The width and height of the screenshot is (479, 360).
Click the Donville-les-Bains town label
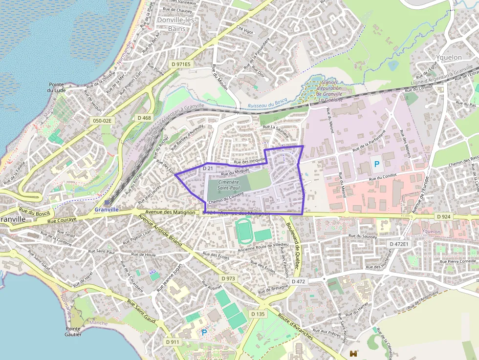[x=176, y=24]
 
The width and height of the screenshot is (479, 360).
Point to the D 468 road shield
[x=144, y=118]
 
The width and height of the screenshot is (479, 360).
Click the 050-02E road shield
[x=102, y=120]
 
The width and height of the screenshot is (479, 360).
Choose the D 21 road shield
[x=207, y=168]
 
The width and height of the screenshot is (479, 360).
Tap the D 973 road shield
[x=228, y=278]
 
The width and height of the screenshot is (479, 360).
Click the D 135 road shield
[x=259, y=314]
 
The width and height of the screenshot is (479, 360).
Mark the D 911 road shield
[x=173, y=342]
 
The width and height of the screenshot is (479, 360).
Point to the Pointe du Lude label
[x=57, y=87]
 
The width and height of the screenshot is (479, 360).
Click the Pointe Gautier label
[x=73, y=332]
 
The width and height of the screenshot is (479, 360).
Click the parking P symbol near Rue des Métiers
[x=377, y=165]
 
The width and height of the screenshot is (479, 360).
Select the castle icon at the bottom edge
[x=354, y=353]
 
